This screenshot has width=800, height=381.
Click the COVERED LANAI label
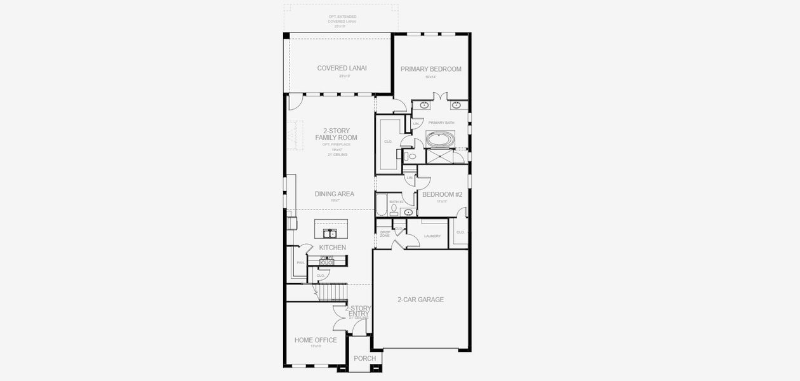point(342,69)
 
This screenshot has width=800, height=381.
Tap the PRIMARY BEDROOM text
point(430,69)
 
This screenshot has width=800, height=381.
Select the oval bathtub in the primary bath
point(439,138)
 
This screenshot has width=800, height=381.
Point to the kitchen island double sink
point(331,233)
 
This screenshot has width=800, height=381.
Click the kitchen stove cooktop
point(327,260)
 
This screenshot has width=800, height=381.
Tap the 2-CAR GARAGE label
point(420,300)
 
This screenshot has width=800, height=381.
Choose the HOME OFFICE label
point(316,340)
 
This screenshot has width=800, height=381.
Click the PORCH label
point(364,359)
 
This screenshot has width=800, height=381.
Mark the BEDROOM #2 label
point(442,194)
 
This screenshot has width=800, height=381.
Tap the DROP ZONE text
point(385,234)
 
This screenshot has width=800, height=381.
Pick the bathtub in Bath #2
point(381,205)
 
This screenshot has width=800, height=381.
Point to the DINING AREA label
point(334,194)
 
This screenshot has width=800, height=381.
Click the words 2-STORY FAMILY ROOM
point(336,134)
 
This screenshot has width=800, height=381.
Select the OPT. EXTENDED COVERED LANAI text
point(342,21)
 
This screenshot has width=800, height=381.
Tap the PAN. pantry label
point(300,262)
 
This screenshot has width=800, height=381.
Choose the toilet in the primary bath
point(411,156)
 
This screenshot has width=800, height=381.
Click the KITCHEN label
point(332,247)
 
